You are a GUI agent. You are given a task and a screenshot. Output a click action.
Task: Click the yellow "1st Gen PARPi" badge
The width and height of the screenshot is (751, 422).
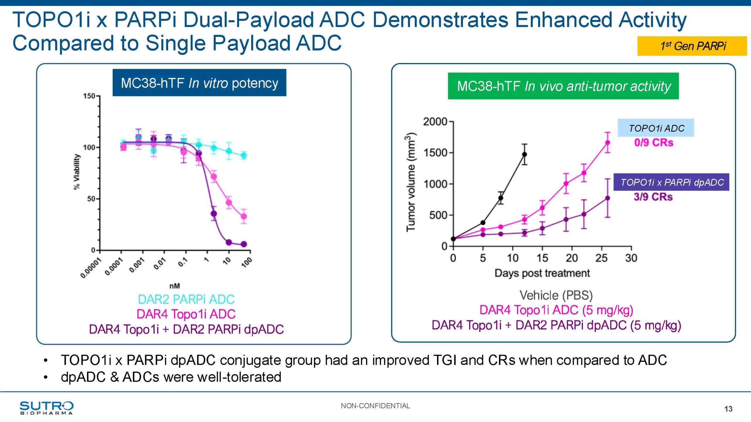pos(692,46)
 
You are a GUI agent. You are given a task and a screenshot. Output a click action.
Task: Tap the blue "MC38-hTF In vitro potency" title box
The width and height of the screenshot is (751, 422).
pos(199,83)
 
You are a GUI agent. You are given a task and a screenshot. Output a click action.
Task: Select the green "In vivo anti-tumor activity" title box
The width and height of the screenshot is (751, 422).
pos(563,86)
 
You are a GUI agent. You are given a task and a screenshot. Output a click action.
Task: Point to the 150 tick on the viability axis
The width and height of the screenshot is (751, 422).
pos(89,96)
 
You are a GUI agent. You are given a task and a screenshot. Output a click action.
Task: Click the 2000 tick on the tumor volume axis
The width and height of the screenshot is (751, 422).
pos(435,121)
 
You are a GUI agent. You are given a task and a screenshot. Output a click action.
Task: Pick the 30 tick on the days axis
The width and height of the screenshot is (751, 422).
pos(631,258)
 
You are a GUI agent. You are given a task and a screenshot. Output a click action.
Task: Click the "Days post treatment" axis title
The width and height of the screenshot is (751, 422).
pos(542,273)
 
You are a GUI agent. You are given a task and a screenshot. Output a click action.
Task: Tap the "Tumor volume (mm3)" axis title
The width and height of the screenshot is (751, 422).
pos(411,182)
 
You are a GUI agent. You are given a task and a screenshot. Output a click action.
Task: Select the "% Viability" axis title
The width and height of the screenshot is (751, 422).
pos(77,172)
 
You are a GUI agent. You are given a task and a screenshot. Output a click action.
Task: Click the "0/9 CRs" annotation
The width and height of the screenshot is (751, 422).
pos(654,143)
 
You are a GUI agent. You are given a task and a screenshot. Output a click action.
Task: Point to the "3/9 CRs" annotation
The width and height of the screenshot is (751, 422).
pos(653,197)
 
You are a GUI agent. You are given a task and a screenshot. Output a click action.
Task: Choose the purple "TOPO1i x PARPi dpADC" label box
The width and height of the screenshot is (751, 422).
pos(671,182)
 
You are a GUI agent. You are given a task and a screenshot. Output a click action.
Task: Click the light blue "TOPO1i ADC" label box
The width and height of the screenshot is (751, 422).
pos(656,128)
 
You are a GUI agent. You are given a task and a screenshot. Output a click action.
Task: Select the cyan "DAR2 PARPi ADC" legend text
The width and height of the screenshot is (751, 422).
pos(186,300)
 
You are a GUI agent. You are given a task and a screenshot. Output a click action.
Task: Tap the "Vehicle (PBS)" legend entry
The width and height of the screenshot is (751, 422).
pos(556,295)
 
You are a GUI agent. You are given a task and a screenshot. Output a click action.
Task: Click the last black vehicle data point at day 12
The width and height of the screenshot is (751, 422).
pos(524,154)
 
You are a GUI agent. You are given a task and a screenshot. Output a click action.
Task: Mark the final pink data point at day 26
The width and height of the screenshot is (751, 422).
pos(608,142)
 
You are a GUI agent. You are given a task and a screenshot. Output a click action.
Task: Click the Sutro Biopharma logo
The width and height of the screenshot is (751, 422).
pos(46,408)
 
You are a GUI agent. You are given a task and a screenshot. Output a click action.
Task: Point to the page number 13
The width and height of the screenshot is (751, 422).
pos(728,409)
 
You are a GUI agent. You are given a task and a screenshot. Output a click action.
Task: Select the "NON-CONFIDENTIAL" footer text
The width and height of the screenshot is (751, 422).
pos(375,406)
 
